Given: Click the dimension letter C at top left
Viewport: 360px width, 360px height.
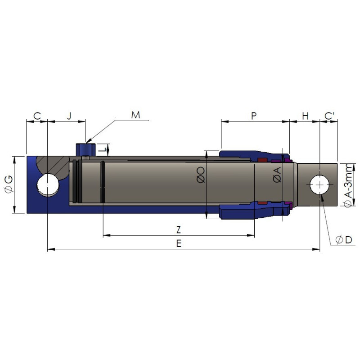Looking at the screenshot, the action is click(x=37, y=116).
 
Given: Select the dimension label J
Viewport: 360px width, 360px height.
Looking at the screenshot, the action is click(x=69, y=116).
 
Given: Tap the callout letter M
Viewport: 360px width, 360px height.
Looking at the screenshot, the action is click(x=135, y=115).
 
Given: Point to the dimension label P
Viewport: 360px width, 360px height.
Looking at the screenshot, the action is click(x=254, y=116).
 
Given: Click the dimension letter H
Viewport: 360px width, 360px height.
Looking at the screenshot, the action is click(x=305, y=116).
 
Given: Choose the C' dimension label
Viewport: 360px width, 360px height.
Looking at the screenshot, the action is click(x=329, y=116).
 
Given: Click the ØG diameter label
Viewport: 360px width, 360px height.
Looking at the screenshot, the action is click(x=9, y=184).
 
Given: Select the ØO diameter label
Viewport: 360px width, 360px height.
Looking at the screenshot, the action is click(x=201, y=175).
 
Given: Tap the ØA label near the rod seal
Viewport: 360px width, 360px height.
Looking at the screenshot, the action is click(x=277, y=175).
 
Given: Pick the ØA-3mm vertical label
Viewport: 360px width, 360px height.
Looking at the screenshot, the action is click(x=348, y=185).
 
